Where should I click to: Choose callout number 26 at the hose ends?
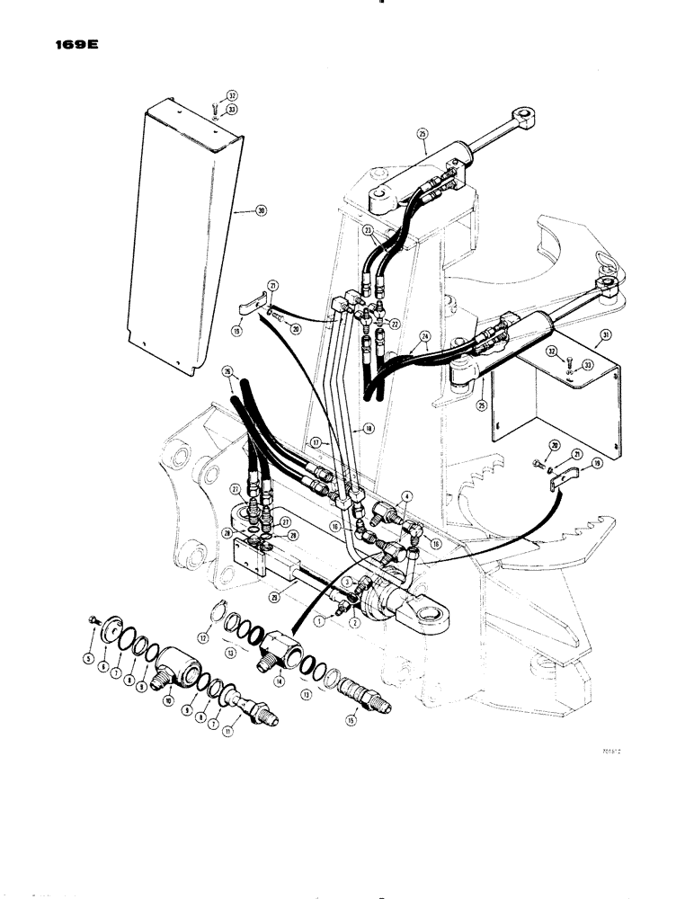point(226,370)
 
